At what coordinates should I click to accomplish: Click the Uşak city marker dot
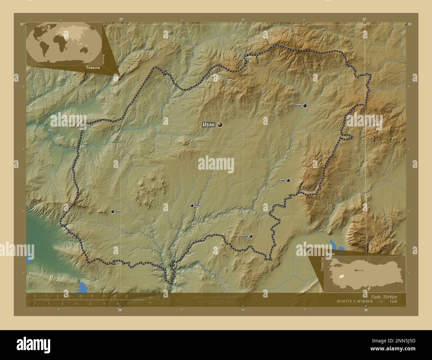pyautogui.click(x=220, y=125)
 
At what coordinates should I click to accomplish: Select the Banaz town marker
pyautogui.click(x=305, y=106)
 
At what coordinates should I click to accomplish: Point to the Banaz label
pyautogui.click(x=297, y=106)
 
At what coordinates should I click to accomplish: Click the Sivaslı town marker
pyautogui.click(x=288, y=180)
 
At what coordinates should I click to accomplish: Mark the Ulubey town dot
pyautogui.click(x=192, y=206)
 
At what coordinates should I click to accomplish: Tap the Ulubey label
pyautogui.click(x=198, y=206)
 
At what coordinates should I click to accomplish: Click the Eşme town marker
pyautogui.click(x=113, y=212)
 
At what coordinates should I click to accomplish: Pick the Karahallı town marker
pyautogui.click(x=251, y=236)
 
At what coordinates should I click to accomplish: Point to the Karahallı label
pyautogui.click(x=244, y=236)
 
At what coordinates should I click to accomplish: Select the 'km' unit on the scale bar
pyautogui.click(x=151, y=297)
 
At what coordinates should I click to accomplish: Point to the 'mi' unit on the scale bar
pyautogui.click(x=150, y=303)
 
